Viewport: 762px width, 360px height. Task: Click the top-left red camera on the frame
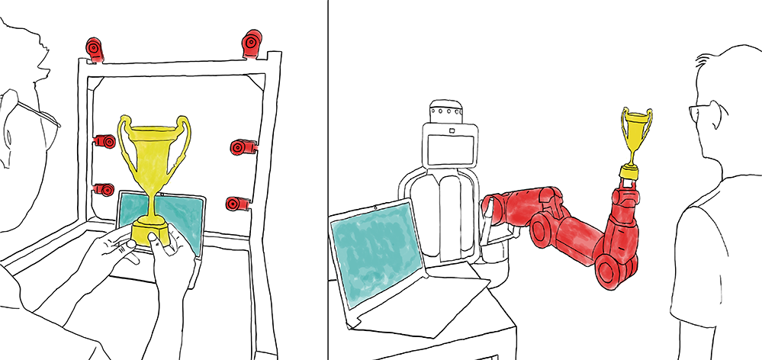[x=94, y=49]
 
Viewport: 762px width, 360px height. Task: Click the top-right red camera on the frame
[x=252, y=44]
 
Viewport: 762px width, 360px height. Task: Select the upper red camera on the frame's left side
[x=104, y=142]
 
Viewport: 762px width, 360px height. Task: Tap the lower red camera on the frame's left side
[x=104, y=190]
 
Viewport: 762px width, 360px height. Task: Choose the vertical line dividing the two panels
[x=327, y=180]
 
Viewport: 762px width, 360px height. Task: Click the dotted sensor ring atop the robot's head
[x=447, y=114]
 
